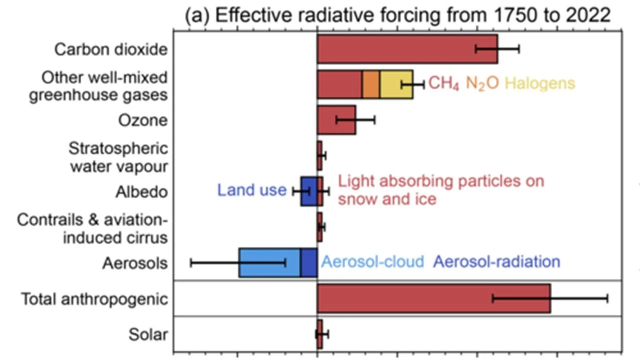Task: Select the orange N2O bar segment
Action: coord(370,84)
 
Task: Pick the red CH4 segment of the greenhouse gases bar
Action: coord(339,84)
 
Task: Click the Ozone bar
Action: coord(336,120)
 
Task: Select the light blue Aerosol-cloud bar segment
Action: coord(269,262)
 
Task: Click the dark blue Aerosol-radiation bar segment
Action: coord(308,262)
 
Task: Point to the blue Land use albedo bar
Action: coord(308,191)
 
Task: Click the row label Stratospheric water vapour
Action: coord(118,157)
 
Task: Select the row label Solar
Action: coord(148,334)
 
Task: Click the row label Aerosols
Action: coord(135,263)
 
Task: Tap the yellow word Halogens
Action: coord(539,83)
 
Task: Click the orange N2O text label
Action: coord(482,83)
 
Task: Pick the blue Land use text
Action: coord(251,190)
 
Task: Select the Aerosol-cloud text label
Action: coord(372,261)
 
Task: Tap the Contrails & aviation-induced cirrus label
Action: coord(92,228)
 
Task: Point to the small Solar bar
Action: coord(319,334)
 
